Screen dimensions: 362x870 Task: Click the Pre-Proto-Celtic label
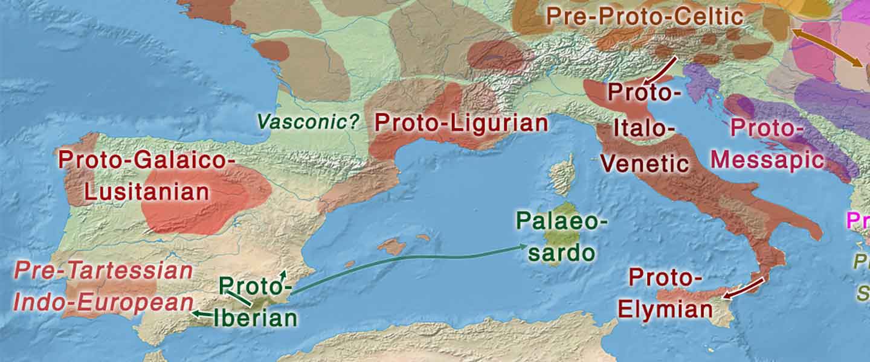pos(644,16)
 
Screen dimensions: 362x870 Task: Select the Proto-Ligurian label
pos(461,123)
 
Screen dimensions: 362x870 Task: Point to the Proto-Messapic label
pos(767,144)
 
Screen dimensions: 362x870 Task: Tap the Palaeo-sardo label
pos(561,236)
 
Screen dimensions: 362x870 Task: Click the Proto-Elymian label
pos(665,294)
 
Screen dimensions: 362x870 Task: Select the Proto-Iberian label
pos(256,302)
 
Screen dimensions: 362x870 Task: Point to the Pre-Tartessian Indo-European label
pos(103,287)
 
